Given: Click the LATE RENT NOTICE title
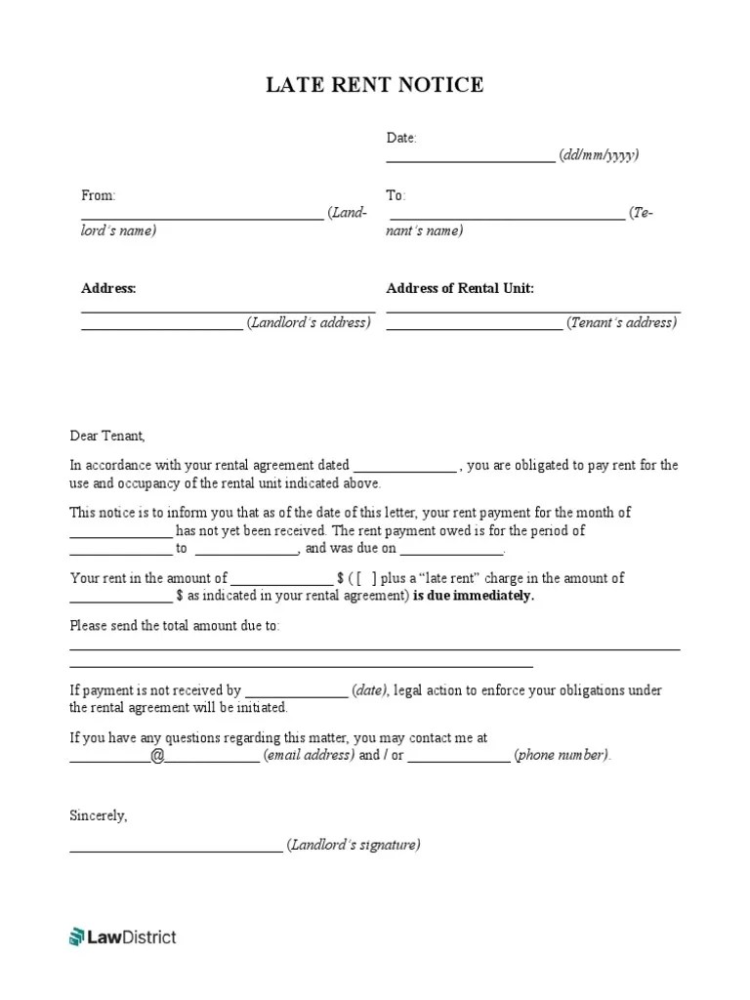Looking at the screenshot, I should tap(375, 86).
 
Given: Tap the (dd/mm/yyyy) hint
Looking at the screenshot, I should tap(600, 155).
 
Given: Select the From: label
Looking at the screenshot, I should tap(98, 196).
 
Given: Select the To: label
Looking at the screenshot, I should tap(396, 196).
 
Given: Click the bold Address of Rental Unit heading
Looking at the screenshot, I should tap(460, 288).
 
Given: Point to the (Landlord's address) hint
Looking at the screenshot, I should tap(309, 322).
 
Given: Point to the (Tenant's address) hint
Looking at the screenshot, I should tap(622, 322).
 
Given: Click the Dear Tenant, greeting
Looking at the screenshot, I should tap(106, 436).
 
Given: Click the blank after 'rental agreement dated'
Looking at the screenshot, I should tap(404, 467).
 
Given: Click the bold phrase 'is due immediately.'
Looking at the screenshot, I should tap(474, 596).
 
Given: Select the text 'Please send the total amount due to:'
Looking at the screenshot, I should tap(175, 625).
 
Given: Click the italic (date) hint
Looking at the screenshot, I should tap(370, 690).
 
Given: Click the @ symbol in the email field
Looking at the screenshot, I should tap(157, 755).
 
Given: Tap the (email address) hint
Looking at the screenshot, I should tap(309, 755).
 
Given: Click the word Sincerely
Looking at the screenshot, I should tap(99, 814).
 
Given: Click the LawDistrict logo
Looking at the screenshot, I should tap(123, 937).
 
